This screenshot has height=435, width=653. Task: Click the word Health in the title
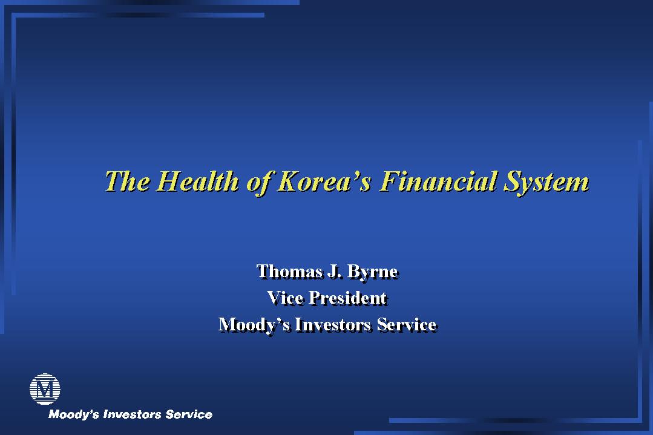[199, 182]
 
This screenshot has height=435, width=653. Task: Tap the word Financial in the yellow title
[438, 182]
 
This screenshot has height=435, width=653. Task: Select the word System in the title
[546, 183]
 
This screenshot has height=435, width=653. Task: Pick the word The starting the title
[127, 182]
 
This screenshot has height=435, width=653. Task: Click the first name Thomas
[289, 272]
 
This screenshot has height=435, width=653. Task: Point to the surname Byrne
[372, 272]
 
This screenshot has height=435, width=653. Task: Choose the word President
[348, 298]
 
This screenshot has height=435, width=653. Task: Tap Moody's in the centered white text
[254, 325]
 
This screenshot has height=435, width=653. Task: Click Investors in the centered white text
[333, 325]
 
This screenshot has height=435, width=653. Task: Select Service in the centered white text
[407, 325]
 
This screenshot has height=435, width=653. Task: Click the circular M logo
[45, 389]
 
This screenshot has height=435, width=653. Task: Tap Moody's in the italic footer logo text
[74, 414]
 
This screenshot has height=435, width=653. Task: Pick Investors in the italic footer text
[132, 414]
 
